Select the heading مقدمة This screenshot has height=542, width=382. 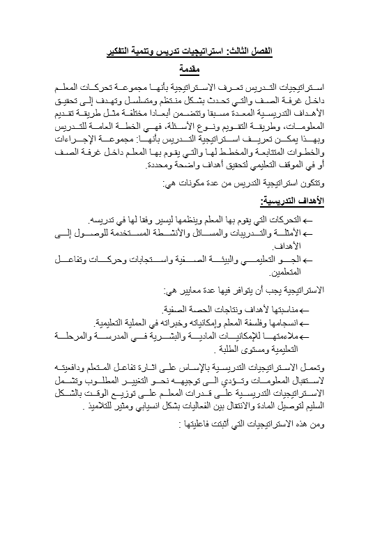click(190, 69)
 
